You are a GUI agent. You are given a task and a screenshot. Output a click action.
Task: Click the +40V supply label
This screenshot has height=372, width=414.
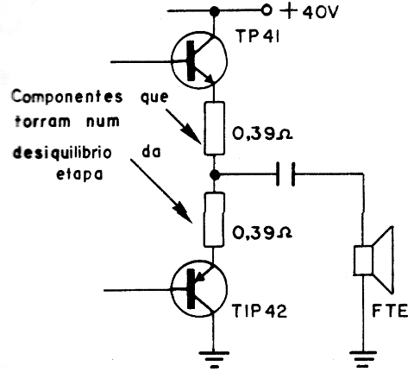[x=309, y=12]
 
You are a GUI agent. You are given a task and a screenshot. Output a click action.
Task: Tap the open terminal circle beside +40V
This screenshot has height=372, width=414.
[x=267, y=10]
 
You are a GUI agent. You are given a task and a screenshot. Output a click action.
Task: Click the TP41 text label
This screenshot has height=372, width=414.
[x=258, y=37]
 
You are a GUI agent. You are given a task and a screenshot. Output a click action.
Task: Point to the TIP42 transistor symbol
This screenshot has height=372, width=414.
[x=198, y=288]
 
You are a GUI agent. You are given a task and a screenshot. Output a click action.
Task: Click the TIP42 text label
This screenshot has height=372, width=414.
[x=260, y=311]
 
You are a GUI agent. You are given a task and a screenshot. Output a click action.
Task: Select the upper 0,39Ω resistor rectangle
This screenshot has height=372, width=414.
[x=214, y=129]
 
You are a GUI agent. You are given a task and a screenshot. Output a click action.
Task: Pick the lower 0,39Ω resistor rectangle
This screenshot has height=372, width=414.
[x=214, y=220]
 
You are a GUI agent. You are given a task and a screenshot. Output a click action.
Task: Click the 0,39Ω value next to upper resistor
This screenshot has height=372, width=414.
[x=262, y=135]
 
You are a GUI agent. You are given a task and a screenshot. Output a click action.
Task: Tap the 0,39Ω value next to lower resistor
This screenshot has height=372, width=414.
[x=262, y=232]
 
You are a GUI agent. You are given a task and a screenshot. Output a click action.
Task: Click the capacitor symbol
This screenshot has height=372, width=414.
[x=285, y=173]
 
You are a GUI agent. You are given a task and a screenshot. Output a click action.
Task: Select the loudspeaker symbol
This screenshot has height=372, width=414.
[x=373, y=260]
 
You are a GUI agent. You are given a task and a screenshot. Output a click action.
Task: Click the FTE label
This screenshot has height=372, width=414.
[x=390, y=311]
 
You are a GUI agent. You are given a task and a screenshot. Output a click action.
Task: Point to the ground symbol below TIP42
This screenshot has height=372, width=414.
[x=214, y=359]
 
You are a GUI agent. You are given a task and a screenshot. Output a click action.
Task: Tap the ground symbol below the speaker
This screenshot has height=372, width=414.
[x=363, y=359]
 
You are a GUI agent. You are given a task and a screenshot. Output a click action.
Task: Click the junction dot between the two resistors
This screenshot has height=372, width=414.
[x=214, y=174]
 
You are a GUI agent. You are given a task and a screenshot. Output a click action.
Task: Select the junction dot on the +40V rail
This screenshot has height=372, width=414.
[x=214, y=11]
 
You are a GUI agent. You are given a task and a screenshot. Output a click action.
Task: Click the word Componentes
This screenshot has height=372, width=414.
[x=67, y=97]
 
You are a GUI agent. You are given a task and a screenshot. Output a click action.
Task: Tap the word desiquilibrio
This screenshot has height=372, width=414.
[x=62, y=153]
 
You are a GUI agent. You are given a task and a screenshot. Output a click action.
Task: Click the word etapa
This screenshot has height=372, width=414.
[x=79, y=174]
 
